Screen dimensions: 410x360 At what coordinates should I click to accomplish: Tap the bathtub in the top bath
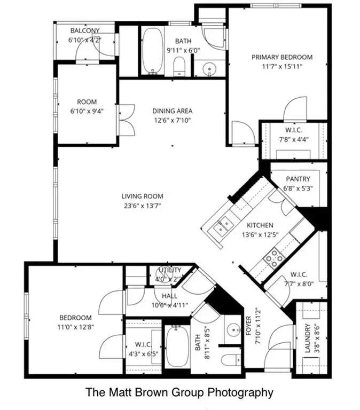(x=153, y=51)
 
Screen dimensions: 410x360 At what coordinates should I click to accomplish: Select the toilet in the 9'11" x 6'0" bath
(x=179, y=67)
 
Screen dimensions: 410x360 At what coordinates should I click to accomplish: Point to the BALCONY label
(x=84, y=30)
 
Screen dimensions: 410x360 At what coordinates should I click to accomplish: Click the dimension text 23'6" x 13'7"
(x=142, y=205)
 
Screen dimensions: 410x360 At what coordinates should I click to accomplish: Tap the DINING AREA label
(x=172, y=111)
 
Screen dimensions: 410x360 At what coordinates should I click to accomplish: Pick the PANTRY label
(x=298, y=179)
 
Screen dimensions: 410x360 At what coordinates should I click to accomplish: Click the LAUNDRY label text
(x=307, y=340)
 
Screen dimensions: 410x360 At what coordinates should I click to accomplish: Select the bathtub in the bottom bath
(x=175, y=346)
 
